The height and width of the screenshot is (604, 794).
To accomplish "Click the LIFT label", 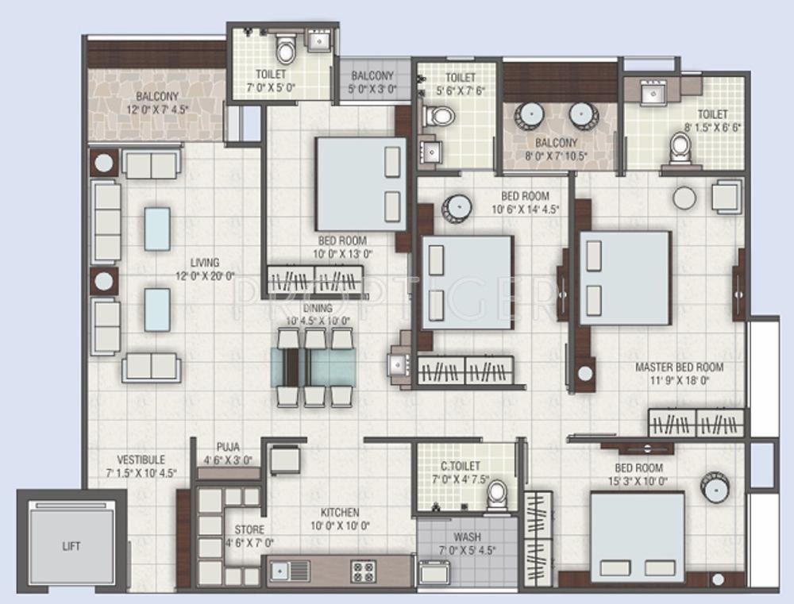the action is coord(71,546).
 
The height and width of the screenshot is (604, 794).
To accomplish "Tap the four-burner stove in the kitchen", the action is coord(363,571).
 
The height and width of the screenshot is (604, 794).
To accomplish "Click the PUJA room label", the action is coord(228,448).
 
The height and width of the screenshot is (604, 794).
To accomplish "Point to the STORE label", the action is coord(249,530).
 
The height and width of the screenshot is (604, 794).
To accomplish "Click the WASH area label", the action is coord(468,537).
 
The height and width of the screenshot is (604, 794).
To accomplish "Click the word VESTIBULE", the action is coord(141,460).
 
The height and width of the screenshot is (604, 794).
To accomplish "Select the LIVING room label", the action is coord(205,263).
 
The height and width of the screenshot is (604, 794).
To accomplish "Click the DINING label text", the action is coord(318,308).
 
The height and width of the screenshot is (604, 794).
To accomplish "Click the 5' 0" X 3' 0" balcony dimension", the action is coord(372,89).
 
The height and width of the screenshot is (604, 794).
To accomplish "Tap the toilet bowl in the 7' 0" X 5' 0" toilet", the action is coord(286,48).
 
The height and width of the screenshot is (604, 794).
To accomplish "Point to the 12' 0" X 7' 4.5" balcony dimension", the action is coord(157,109).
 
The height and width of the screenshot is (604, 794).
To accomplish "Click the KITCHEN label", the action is coord(340,513).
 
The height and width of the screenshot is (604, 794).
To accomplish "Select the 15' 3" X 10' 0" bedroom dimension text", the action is coord(638,481).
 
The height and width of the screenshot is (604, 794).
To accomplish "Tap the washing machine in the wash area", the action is coord(434,572).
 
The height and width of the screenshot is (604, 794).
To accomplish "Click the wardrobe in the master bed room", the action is coord(696,423).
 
